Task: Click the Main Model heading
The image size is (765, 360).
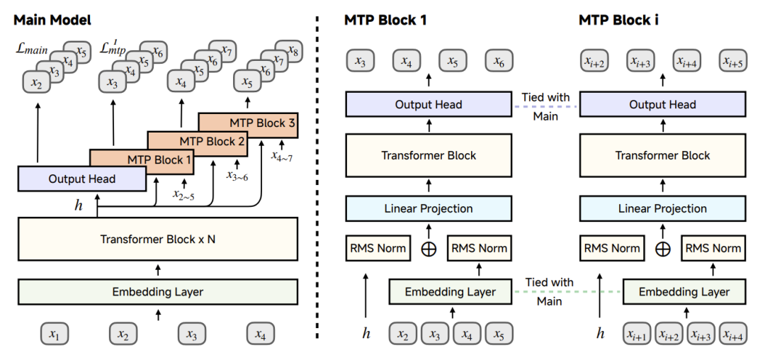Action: tap(52, 20)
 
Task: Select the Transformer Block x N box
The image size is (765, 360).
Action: tap(157, 240)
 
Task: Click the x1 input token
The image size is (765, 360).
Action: tap(54, 334)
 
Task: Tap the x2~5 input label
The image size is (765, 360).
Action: tap(183, 193)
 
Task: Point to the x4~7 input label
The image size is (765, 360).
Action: tap(283, 157)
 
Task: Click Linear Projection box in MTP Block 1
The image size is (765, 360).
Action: tap(429, 209)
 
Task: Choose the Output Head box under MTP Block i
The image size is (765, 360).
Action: tap(662, 104)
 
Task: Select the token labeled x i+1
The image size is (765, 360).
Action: tap(639, 334)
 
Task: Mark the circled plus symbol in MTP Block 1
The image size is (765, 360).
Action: tap(429, 248)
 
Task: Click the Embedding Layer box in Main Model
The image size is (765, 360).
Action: tap(157, 292)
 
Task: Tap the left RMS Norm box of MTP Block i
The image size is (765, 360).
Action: tap(611, 248)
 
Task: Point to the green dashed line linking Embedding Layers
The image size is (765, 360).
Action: tap(567, 292)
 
